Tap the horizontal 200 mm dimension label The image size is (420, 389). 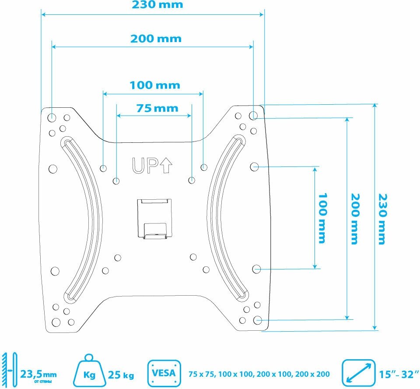point(156,39)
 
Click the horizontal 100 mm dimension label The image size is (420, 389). point(154,85)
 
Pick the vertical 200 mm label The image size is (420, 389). point(353,219)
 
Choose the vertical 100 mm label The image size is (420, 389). point(322,218)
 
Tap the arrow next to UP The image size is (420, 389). point(166,165)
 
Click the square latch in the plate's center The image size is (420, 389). point(155,219)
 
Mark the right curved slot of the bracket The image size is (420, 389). point(227,219)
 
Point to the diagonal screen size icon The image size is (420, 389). point(359,373)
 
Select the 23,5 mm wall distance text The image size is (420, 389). point(38,375)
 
